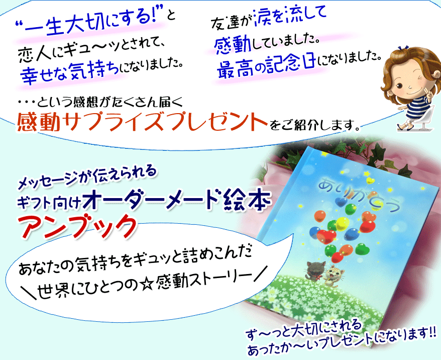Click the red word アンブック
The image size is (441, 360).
tap(78, 227)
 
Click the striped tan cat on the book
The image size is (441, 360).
tap(334, 274)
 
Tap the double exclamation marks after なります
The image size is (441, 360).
tap(432, 332)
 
